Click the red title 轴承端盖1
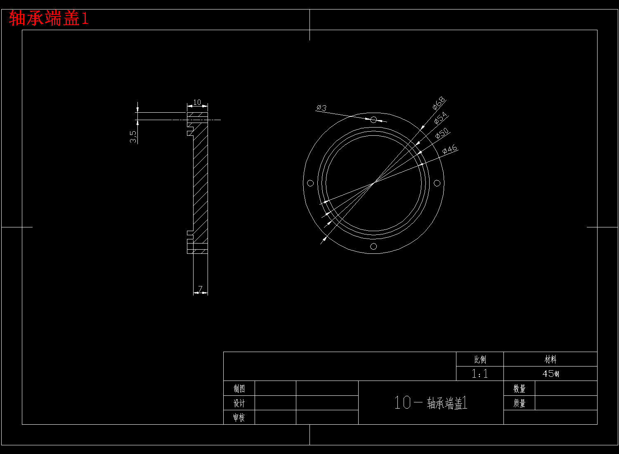coord(49,19)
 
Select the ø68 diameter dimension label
coord(439,103)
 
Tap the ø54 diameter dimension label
coord(441,118)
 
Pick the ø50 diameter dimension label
coord(442,133)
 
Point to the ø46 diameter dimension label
coord(450,149)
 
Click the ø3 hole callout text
coord(321,108)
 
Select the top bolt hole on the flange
coord(373,120)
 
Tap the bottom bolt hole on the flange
coord(373,246)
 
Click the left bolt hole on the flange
coord(310,183)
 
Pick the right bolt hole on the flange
coord(437,183)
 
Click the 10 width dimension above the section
coord(197,102)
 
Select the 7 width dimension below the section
coord(201,289)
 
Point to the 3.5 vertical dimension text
coord(133,137)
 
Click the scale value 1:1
coord(480,374)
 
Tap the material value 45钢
coord(550,374)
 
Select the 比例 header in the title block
coord(480,359)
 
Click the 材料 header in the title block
coord(550,359)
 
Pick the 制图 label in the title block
coord(239,388)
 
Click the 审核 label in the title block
coord(239,417)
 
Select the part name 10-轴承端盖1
coord(430,403)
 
